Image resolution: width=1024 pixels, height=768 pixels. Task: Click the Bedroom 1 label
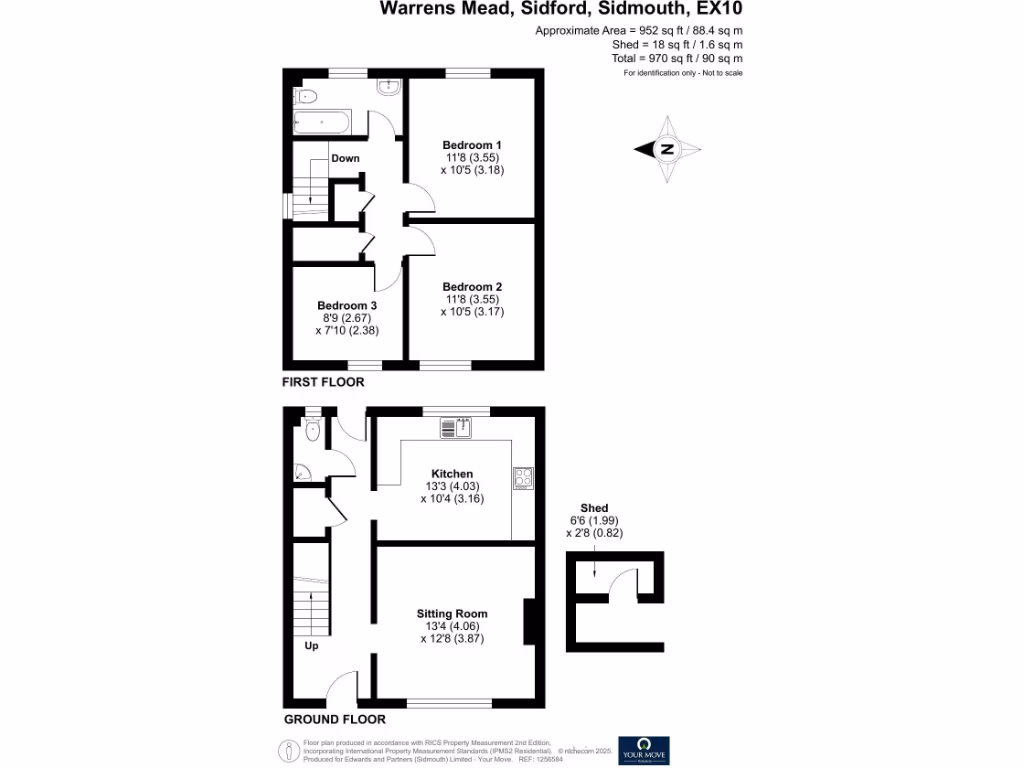[x=472, y=145]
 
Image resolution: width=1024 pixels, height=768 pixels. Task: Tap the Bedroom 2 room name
[x=472, y=287]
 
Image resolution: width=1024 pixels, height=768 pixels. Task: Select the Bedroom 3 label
[x=347, y=305]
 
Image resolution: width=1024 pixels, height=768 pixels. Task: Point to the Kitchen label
[x=452, y=474]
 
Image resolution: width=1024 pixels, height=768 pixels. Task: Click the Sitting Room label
[x=452, y=614]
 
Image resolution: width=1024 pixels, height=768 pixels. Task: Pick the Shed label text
[x=593, y=508]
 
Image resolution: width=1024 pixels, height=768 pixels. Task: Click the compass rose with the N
[x=666, y=150]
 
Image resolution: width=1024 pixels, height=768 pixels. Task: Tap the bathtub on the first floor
[x=320, y=124]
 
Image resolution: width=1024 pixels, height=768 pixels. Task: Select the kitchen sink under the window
[x=456, y=428]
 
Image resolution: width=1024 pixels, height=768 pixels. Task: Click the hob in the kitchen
[x=523, y=478]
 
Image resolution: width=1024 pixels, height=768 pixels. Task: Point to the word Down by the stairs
[x=345, y=159]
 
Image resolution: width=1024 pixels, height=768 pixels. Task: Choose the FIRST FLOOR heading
[x=322, y=382]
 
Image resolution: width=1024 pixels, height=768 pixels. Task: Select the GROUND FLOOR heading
[x=334, y=719]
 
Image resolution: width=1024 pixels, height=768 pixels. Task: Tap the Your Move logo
[x=644, y=750]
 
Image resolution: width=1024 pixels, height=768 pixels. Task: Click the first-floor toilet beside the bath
[x=306, y=96]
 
